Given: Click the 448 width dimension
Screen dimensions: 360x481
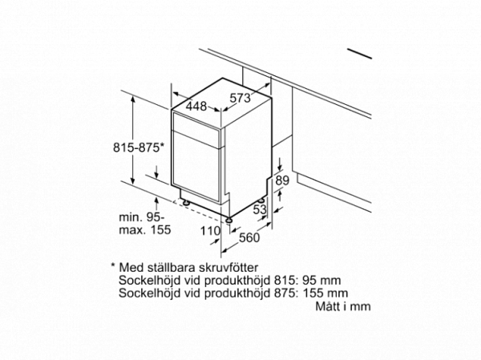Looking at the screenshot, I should pyautogui.click(x=196, y=106).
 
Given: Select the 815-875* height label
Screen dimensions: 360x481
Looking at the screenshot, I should pyautogui.click(x=137, y=147).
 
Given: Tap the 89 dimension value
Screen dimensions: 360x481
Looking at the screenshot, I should pyautogui.click(x=281, y=182).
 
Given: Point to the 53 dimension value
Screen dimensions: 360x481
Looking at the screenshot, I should pyautogui.click(x=259, y=210).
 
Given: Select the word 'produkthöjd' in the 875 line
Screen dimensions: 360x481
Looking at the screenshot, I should pyautogui.click(x=233, y=293).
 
